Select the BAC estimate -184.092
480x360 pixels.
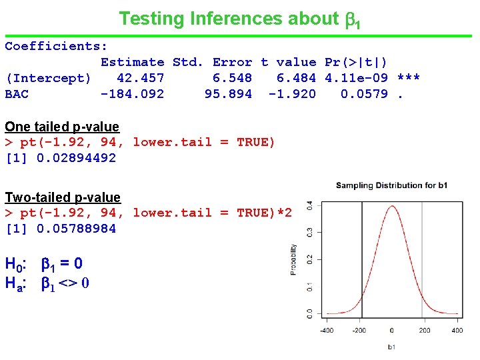pyautogui.click(x=132, y=94)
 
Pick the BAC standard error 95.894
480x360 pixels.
pyautogui.click(x=228, y=94)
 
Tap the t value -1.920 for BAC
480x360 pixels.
pyautogui.click(x=292, y=94)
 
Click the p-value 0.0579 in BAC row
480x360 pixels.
pyautogui.click(x=364, y=94)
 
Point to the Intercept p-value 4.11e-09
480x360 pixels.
pyautogui.click(x=356, y=78)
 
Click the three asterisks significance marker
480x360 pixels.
pyautogui.click(x=408, y=78)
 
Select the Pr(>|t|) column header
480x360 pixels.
pyautogui.click(x=355, y=62)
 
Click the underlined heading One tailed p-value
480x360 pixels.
pyautogui.click(x=62, y=127)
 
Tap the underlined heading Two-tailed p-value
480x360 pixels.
pyautogui.click(x=63, y=197)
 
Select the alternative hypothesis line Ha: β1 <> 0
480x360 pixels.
pyautogui.click(x=47, y=283)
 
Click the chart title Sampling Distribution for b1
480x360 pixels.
pyautogui.click(x=391, y=185)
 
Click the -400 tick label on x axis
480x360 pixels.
pyautogui.click(x=327, y=330)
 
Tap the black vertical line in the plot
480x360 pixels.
pyautogui.click(x=361, y=260)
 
